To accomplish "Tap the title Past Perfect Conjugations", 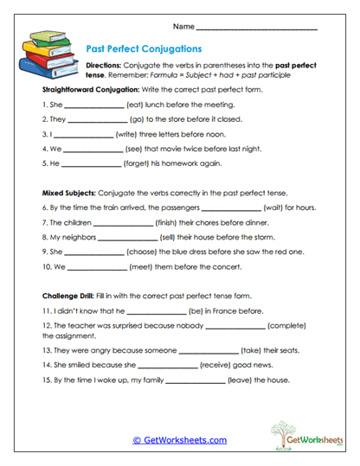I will pyautogui.click(x=145, y=49).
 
